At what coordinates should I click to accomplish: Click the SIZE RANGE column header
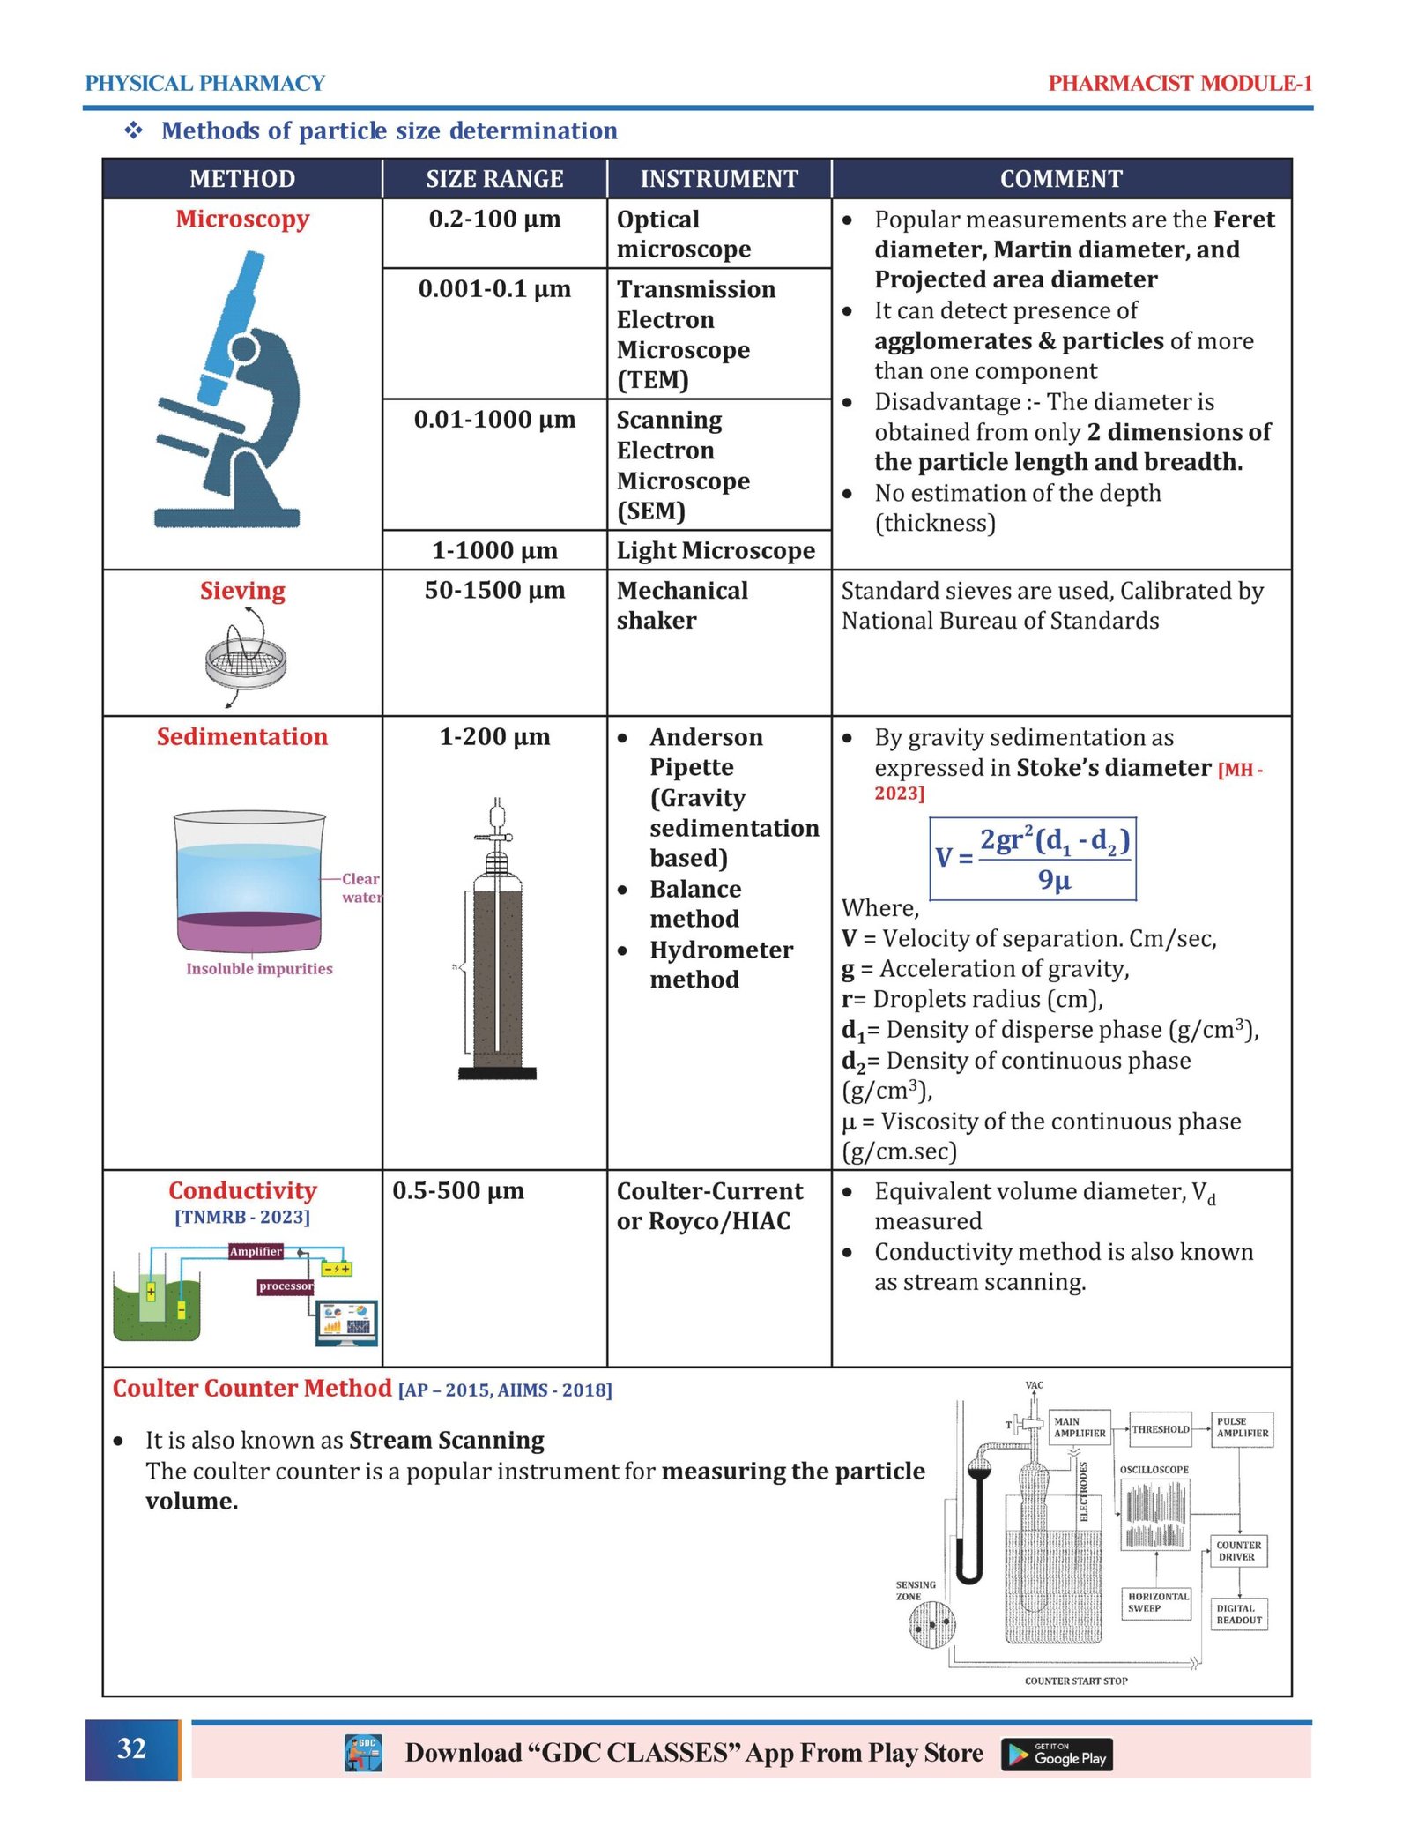click(494, 179)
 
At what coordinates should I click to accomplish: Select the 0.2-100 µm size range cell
click(494, 220)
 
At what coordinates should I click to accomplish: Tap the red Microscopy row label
click(242, 220)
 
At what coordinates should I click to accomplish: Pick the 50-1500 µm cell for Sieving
click(494, 591)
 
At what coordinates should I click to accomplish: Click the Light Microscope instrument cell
click(716, 551)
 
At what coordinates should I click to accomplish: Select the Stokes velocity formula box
click(1033, 859)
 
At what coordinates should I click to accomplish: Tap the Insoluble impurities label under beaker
click(259, 969)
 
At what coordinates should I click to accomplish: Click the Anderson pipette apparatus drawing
click(498, 943)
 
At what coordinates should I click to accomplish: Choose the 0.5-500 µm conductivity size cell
click(458, 1191)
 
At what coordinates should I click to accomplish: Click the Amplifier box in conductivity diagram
click(256, 1251)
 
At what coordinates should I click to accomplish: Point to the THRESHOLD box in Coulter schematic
click(1160, 1429)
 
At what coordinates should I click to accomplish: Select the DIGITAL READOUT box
click(1239, 1614)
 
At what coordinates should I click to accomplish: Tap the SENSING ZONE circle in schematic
click(931, 1623)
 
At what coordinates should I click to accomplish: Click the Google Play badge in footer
click(1057, 1755)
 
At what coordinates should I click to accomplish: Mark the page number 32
click(132, 1749)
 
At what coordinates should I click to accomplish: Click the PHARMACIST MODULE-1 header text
click(1180, 84)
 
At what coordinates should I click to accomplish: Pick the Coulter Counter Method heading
click(252, 1389)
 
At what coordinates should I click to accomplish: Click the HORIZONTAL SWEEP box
click(1158, 1602)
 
